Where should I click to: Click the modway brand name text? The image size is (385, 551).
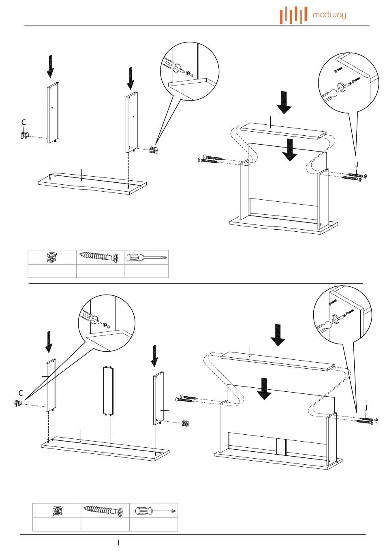[x=329, y=15]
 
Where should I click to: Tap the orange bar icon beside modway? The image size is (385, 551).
[x=293, y=15]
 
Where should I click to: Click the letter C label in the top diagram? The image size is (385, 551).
[x=24, y=122]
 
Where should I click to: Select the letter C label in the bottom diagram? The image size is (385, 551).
[x=21, y=393]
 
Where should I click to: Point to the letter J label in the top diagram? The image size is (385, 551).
[x=357, y=164]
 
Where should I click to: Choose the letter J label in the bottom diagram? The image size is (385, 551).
[x=366, y=408]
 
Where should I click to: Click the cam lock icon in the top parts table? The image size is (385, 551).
[x=52, y=257]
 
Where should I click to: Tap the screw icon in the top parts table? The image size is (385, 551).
[x=99, y=257]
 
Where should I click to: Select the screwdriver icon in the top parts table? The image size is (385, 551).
[x=146, y=257]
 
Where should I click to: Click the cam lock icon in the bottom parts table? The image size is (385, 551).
[x=57, y=510]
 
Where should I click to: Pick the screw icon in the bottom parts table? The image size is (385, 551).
[x=105, y=510]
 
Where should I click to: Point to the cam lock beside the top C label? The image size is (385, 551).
[x=24, y=136]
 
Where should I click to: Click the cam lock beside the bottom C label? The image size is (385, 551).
[x=18, y=403]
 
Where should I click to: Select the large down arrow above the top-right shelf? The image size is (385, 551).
[x=284, y=103]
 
